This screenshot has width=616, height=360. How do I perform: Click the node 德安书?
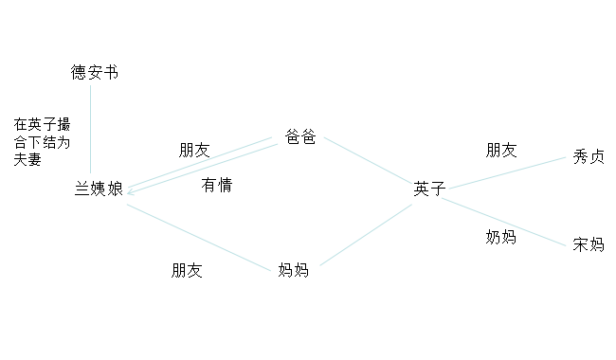(95, 73)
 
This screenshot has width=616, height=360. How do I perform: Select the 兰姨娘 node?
(99, 189)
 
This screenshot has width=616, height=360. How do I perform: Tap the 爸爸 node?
(300, 137)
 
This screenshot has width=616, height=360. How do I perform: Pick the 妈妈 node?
(294, 271)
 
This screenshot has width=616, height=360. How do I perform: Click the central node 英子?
(428, 189)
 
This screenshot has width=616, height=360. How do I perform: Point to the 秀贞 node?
(589, 157)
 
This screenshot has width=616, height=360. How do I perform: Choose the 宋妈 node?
(588, 244)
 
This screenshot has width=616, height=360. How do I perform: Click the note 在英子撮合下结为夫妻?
(42, 141)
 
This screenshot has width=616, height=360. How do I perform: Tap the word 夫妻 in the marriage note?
(27, 159)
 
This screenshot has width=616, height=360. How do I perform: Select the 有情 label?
(217, 185)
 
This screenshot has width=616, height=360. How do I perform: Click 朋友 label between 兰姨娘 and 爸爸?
(194, 150)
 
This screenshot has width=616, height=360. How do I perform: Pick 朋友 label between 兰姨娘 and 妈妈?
(187, 271)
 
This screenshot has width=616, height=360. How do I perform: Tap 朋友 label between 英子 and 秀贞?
(501, 150)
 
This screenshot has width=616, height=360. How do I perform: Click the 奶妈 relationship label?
(500, 237)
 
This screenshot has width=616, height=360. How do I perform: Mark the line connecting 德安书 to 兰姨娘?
(91, 123)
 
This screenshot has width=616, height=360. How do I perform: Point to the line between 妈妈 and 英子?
(365, 235)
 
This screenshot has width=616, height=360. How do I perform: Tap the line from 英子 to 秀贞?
(507, 173)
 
